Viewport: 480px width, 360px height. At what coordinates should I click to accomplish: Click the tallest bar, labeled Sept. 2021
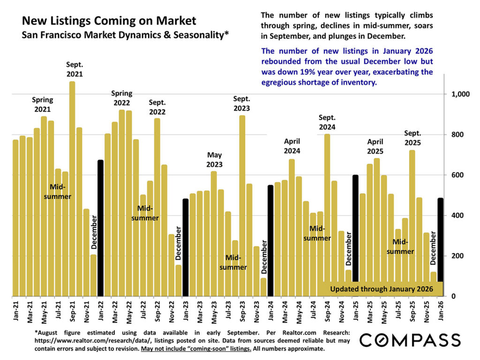tap(72, 187)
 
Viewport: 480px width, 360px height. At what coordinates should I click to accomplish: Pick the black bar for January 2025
tap(355, 234)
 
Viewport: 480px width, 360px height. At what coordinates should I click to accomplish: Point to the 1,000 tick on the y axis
tap(461, 94)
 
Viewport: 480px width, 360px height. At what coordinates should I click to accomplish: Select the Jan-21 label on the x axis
tap(15, 310)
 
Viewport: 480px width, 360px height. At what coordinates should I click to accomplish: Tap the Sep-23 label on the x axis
tap(242, 310)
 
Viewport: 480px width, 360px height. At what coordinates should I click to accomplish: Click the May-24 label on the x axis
tap(299, 310)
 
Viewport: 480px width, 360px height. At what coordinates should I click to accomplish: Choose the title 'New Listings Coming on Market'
tap(109, 21)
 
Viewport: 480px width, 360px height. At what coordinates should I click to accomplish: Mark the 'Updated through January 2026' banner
tap(382, 289)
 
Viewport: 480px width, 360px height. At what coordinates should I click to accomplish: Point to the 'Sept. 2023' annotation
tap(242, 104)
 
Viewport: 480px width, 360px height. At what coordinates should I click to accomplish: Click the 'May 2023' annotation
tap(214, 160)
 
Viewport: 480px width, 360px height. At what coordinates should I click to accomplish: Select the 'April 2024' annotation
tap(292, 146)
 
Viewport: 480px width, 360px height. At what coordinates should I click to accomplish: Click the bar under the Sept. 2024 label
tap(327, 216)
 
